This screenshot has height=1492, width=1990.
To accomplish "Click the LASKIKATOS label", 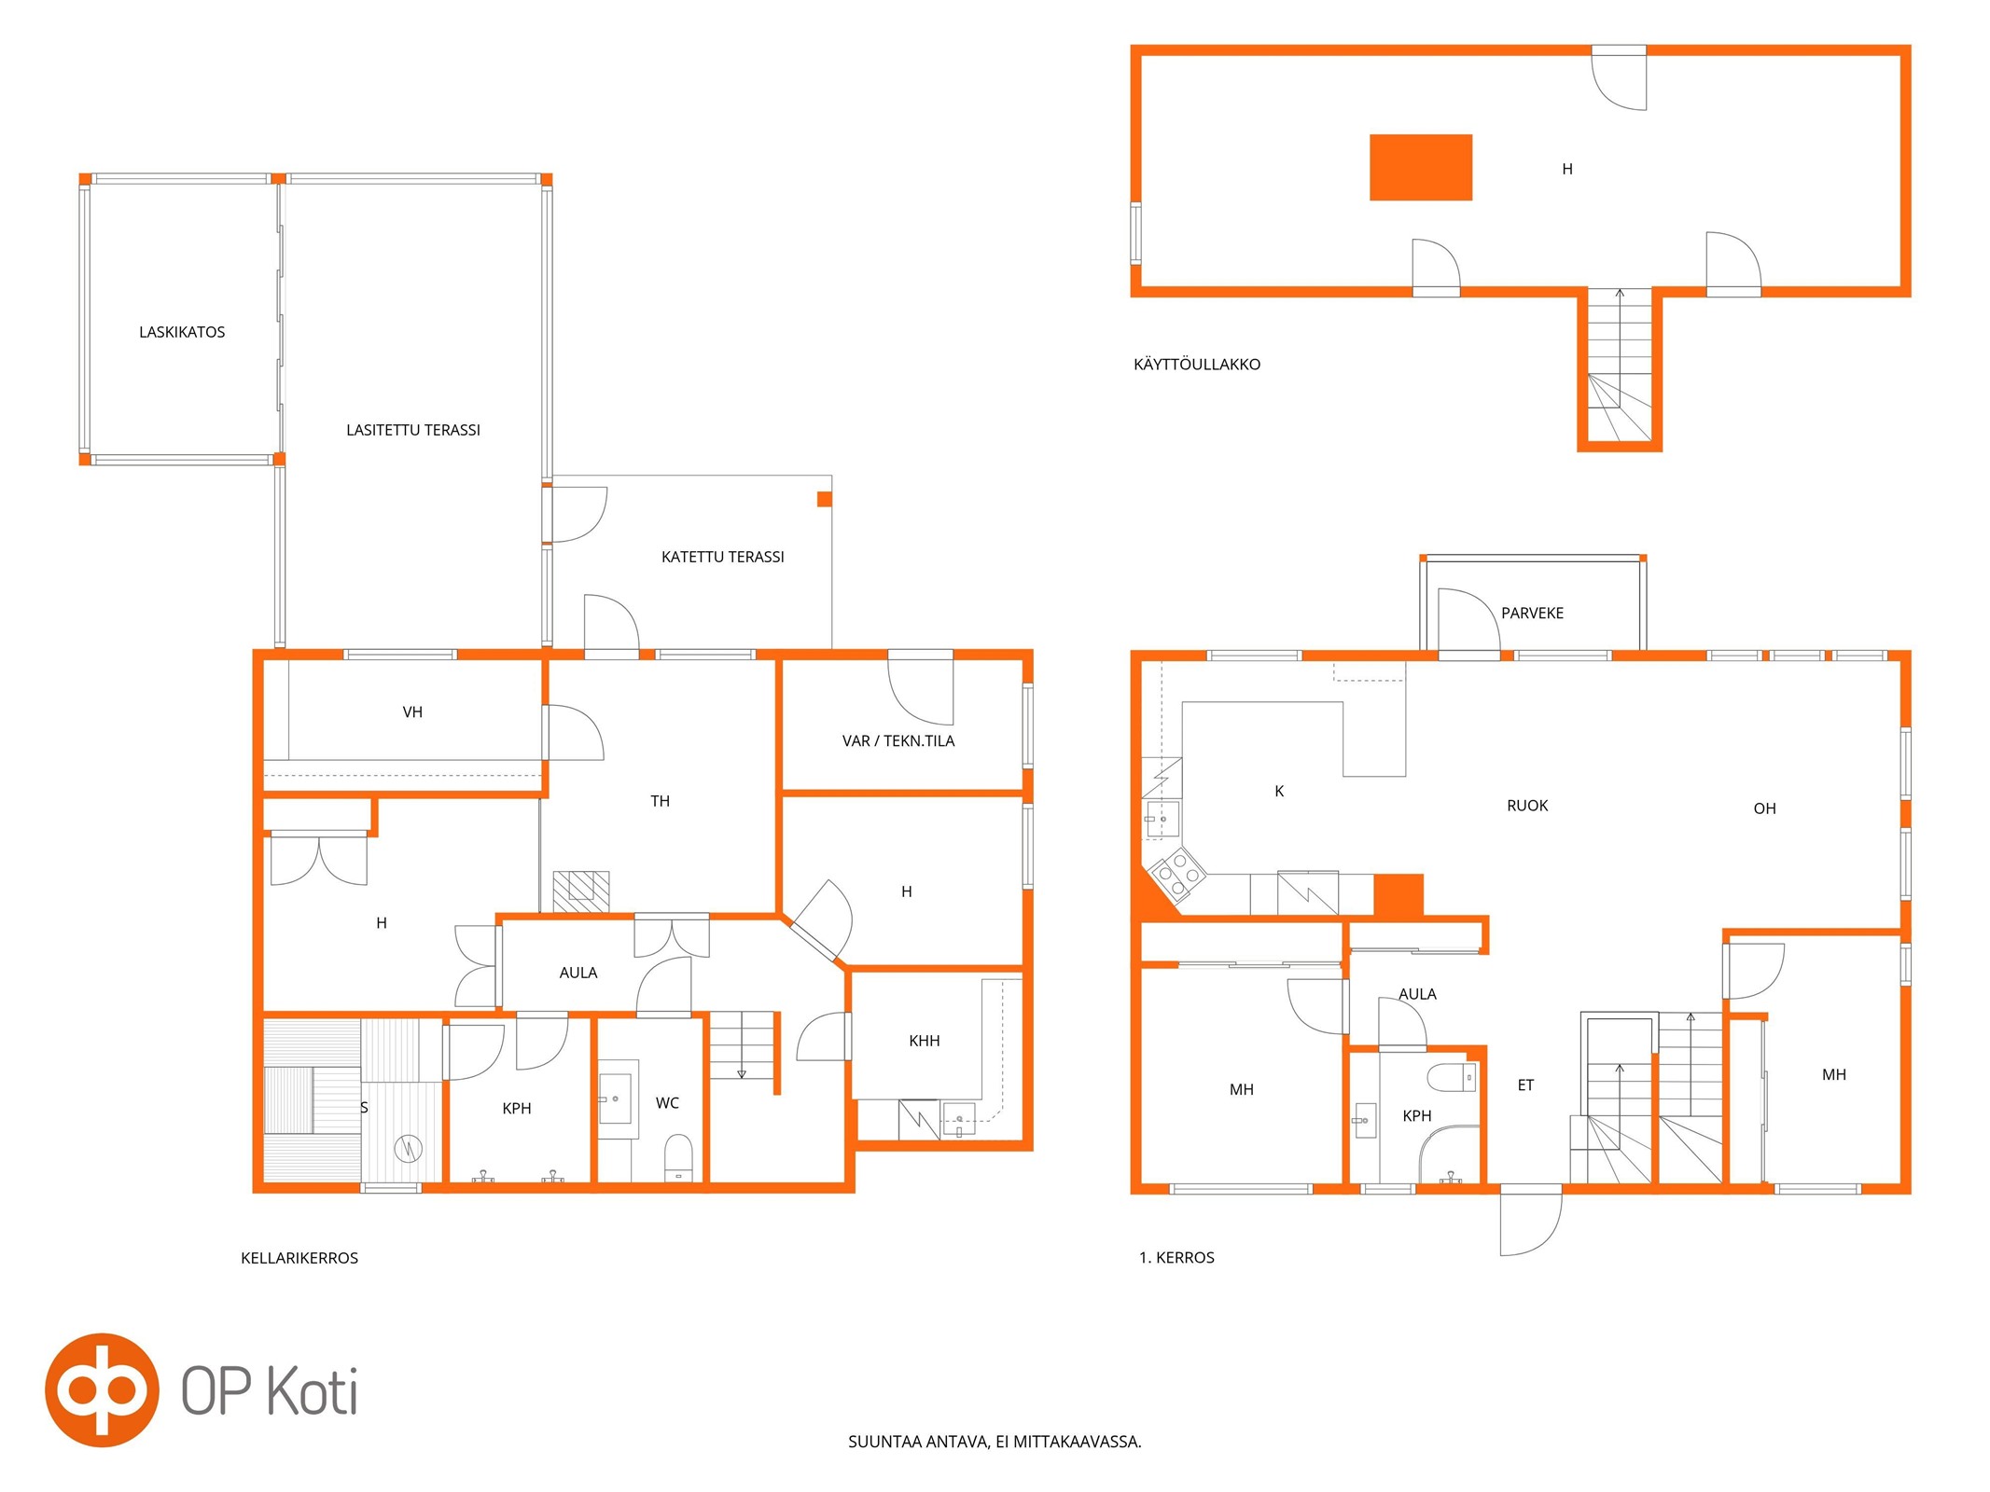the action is click(182, 332).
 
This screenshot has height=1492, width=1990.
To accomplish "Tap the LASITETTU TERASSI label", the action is click(413, 430).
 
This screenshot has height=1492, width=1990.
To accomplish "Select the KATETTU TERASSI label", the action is click(723, 557).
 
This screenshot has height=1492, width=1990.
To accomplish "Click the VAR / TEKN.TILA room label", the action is click(898, 740).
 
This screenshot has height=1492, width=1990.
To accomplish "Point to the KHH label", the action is click(925, 1041).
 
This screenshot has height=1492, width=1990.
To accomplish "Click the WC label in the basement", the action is click(667, 1103).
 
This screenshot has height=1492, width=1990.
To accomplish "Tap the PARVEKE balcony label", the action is click(1532, 613).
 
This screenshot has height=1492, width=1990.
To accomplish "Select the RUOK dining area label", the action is click(1527, 806).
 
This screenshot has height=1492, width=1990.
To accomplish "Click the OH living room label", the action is click(1764, 808).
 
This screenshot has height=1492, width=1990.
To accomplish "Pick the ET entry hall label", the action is click(1525, 1085).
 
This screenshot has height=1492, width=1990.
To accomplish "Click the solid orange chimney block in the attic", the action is click(1421, 167).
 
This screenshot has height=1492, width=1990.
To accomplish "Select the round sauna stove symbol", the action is click(409, 1149).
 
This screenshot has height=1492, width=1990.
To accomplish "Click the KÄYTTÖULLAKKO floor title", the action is click(1197, 365).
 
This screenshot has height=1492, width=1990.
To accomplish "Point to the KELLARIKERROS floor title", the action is click(299, 1258).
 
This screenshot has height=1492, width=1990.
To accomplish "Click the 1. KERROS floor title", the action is click(1176, 1258).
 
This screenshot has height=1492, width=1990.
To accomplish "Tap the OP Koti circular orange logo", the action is click(102, 1389).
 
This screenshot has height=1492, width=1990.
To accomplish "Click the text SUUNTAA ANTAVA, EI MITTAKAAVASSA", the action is click(995, 1442).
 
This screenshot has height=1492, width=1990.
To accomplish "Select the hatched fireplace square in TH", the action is click(581, 891).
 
